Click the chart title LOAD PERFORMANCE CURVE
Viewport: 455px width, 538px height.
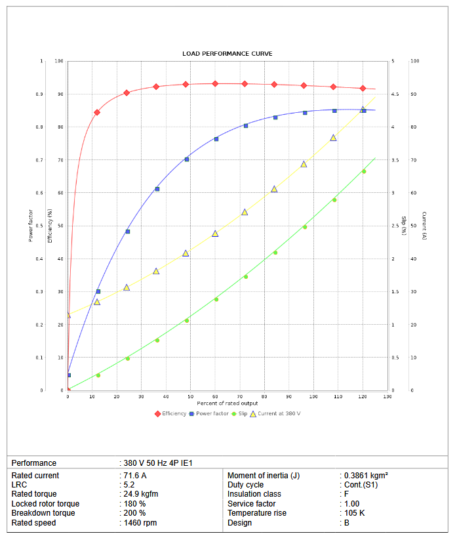click(x=227, y=53)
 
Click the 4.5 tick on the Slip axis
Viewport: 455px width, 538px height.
click(x=395, y=94)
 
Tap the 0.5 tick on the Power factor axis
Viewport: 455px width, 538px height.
click(x=40, y=226)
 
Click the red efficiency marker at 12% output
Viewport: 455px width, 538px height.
click(x=97, y=112)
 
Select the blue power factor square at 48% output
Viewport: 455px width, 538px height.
click(x=187, y=159)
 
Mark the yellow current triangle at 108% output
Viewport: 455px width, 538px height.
click(x=333, y=138)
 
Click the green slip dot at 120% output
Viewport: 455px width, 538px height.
click(x=364, y=171)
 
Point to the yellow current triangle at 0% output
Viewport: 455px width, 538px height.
click(x=68, y=315)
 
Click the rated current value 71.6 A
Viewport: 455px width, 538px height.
click(x=134, y=475)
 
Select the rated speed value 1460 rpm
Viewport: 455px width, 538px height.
click(x=140, y=523)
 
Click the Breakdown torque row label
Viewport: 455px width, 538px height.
click(x=43, y=513)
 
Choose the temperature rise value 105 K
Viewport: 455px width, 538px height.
click(x=355, y=513)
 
